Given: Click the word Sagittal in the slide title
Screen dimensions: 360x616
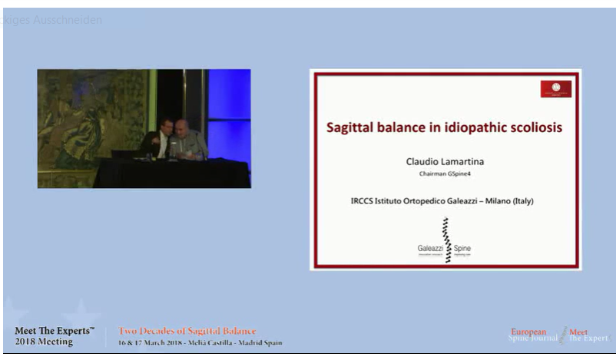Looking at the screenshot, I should pos(351,127).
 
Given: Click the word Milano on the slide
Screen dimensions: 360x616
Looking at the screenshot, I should pos(484,202).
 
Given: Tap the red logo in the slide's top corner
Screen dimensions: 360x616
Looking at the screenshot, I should pos(555,89).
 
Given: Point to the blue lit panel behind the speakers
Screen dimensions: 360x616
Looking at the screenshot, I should pos(228,107).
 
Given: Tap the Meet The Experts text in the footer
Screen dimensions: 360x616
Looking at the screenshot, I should pos(55,331).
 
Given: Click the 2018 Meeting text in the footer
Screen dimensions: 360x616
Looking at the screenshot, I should pos(44,342).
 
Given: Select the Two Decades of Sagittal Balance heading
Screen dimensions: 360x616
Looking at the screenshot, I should pos(187,331).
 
